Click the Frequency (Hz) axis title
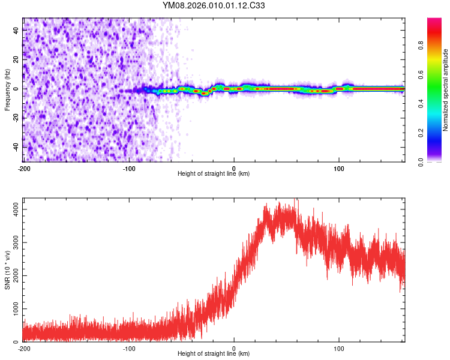coord(7,89)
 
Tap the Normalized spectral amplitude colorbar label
coord(445,89)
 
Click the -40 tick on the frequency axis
coord(16,147)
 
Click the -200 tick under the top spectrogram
coord(24,168)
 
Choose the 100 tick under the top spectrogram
coord(339,168)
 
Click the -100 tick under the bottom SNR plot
coord(129,348)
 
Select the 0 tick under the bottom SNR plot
coord(234,348)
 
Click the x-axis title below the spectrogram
coord(214,174)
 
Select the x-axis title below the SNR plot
coord(214,354)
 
